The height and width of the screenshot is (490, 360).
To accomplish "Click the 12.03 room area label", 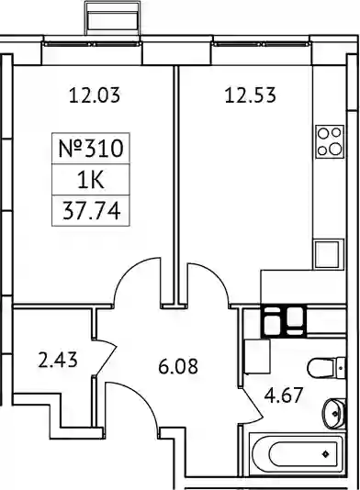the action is pos(95,95).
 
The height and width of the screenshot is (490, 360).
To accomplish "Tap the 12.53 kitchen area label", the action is pos(251,95).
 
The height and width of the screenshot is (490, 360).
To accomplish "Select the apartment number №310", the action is pos(91,149).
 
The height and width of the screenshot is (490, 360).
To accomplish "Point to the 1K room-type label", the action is pos(91,181).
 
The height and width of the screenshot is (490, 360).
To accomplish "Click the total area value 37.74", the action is pos(91,211).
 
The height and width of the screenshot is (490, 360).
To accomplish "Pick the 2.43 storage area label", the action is pos(57,360).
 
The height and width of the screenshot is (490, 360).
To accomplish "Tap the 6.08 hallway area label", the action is pos(178,366).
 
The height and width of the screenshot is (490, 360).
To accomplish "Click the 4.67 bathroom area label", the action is pos(284,395).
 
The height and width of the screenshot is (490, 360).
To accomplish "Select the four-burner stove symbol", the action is pos(330,142).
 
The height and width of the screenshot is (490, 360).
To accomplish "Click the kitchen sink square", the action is pos(327,254).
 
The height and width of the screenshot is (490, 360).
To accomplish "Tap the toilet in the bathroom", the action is pos(327,368).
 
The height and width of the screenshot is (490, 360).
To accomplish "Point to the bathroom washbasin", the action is pos(334,414).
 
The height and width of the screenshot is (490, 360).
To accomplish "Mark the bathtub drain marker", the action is pos(326,453).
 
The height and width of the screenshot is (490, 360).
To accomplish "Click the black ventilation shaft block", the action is pos(284,321).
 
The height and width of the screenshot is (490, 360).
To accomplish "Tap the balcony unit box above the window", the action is pos(113,17).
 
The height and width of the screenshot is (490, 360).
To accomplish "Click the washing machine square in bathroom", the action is pos(257,357).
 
